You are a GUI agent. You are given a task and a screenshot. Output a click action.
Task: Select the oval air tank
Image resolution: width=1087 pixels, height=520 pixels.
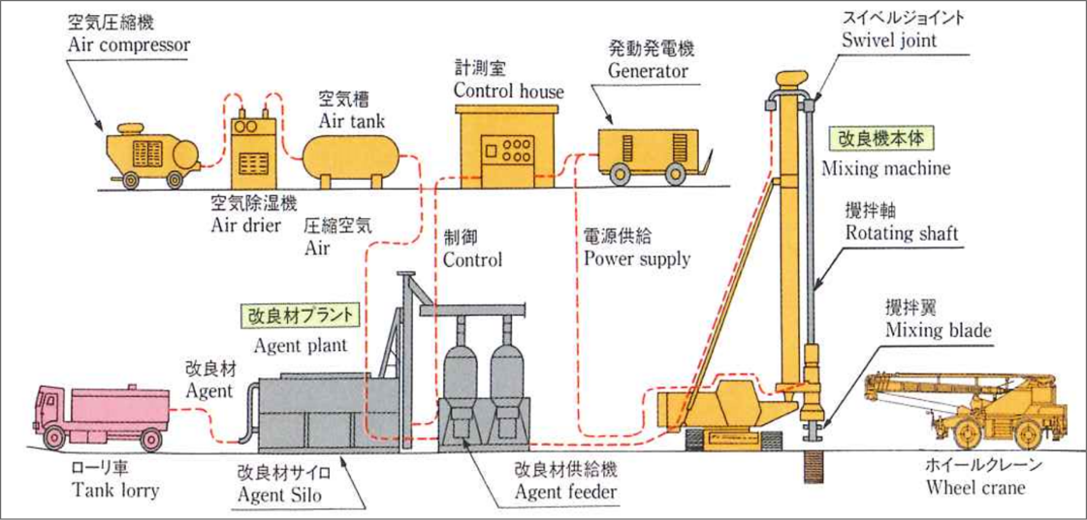[350, 157]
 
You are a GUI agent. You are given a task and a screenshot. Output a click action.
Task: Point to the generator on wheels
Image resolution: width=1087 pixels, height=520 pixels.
[649, 153]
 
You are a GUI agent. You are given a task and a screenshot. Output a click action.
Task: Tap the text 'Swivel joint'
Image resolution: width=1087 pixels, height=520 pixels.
[889, 40]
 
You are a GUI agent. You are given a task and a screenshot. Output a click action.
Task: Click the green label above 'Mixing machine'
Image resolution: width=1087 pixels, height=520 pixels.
[880, 139]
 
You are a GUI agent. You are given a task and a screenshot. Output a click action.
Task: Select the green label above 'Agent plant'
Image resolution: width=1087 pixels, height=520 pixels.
[300, 315]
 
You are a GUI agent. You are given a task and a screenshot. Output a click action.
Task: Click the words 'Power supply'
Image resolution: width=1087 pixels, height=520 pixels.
[637, 259]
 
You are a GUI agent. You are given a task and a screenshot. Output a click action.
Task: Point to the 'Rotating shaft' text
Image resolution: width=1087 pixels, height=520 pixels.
[901, 233]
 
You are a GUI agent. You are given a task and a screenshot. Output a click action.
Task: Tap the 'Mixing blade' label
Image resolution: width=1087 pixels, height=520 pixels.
[938, 330]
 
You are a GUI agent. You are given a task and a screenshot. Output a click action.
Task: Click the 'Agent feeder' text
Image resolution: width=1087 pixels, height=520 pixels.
[565, 492]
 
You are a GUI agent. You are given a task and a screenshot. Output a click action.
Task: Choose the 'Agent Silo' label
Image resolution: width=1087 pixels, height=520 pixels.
[279, 495]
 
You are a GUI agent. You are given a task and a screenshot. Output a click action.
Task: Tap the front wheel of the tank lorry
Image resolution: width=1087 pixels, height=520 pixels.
[54, 438]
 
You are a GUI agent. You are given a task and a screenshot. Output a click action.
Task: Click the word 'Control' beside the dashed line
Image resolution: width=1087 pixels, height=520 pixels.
[472, 260]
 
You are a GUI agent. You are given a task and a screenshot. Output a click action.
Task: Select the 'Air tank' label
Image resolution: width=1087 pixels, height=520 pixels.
[351, 121]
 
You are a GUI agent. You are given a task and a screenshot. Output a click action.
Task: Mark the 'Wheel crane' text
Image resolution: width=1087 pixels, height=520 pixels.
[975, 488]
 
